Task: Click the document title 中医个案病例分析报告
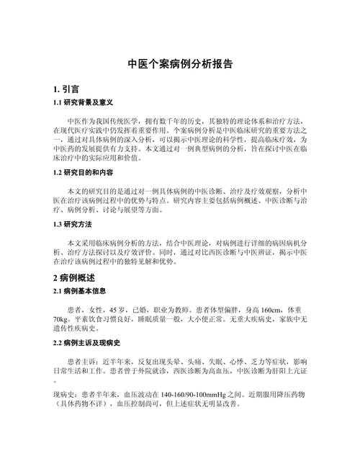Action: [x=180, y=63]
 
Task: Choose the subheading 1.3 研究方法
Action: [x=74, y=224]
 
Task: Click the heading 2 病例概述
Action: [x=74, y=277]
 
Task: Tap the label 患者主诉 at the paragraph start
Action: [x=81, y=359]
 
